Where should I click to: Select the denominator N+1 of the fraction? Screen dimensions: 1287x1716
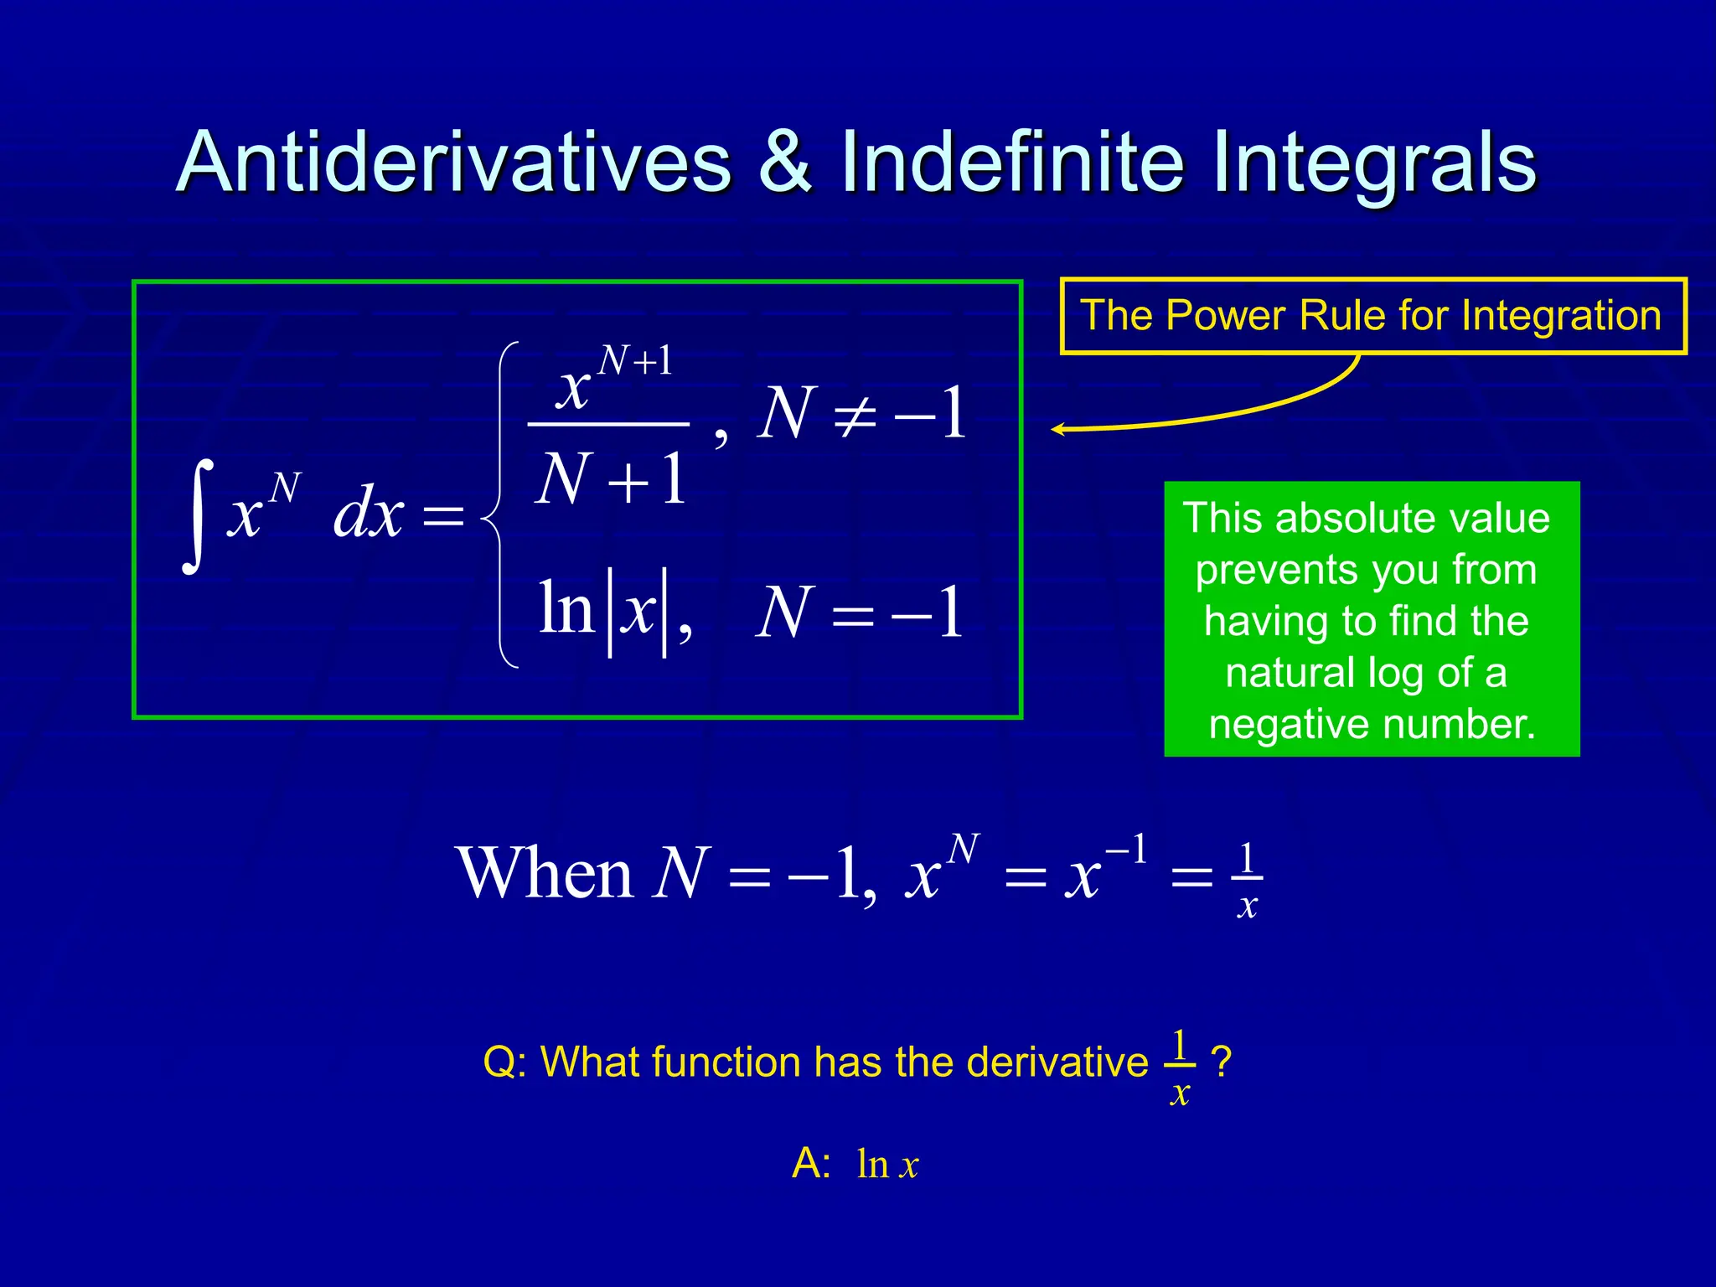[x=610, y=480]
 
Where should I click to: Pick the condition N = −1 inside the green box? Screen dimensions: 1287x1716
[x=859, y=613]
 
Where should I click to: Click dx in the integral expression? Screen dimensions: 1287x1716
[x=369, y=514]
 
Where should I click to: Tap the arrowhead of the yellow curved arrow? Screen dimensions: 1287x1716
[x=1058, y=430]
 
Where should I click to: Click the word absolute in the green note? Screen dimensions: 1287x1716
[x=1365, y=518]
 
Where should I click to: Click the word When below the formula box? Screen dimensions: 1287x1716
[x=545, y=874]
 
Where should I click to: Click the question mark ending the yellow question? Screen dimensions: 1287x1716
[x=1222, y=1062]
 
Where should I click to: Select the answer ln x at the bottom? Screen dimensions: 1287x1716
[x=887, y=1165]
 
